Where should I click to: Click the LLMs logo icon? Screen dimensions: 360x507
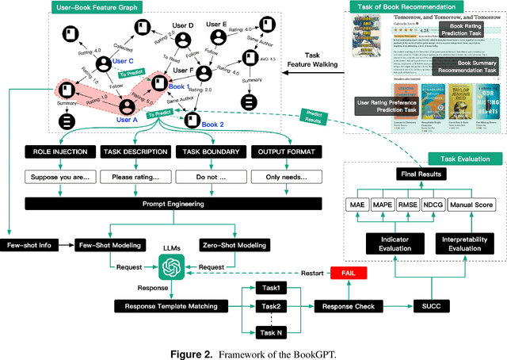point(172,270)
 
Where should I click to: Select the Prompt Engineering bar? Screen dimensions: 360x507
point(170,205)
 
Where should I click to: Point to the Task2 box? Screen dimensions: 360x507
point(270,306)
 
